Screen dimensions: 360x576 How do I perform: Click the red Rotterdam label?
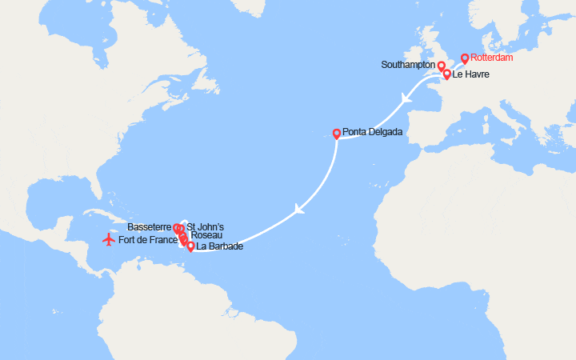click(x=492, y=58)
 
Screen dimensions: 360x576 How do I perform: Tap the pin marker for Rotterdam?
click(x=465, y=58)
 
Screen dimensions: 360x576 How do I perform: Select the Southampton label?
click(x=410, y=65)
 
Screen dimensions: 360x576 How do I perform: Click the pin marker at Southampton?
click(x=441, y=66)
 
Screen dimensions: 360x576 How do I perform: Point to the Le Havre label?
click(x=470, y=75)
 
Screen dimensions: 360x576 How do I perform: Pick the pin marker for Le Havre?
click(x=446, y=74)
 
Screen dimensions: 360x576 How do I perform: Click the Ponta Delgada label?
click(x=373, y=133)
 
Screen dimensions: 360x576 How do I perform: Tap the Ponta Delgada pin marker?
click(x=337, y=134)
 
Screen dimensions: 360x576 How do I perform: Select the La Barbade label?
click(x=219, y=246)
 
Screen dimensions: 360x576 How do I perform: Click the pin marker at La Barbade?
click(x=190, y=246)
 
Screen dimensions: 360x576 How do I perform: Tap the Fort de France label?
click(x=148, y=239)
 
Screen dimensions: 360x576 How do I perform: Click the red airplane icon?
click(x=108, y=239)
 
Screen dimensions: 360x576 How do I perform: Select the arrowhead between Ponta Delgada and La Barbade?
click(x=299, y=210)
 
